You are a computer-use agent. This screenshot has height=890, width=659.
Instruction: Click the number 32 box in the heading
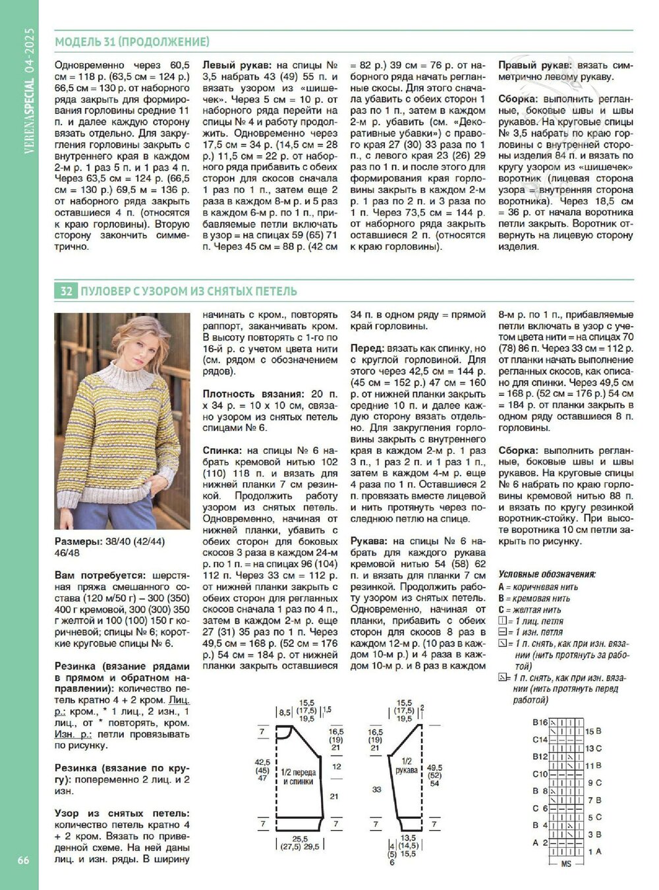66,291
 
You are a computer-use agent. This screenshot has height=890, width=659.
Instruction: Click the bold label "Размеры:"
78,542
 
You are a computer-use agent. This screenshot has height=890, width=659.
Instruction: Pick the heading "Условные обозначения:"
547,574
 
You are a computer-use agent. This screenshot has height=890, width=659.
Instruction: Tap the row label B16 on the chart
540,723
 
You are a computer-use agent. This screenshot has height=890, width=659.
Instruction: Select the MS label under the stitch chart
565,864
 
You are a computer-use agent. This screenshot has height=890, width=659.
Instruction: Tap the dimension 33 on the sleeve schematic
376,789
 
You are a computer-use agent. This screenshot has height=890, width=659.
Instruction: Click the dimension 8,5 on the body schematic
285,713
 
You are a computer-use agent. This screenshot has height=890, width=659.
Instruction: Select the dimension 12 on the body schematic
337,767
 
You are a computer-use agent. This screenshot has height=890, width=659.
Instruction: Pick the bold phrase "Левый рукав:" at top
235,66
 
